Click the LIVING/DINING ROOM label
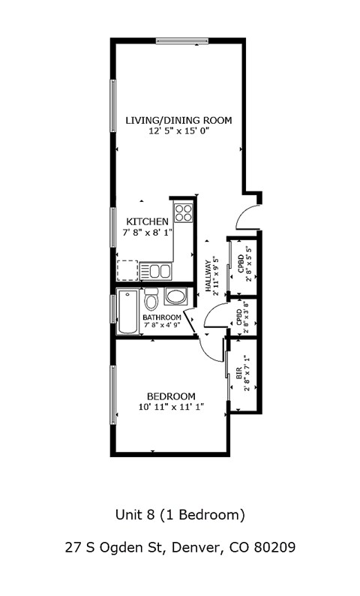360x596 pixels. (178, 120)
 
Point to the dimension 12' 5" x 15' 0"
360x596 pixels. (178, 131)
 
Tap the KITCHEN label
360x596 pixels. (147, 221)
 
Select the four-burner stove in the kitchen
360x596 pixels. (183, 212)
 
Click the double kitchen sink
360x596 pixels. (158, 270)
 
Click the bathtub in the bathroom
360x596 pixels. (127, 312)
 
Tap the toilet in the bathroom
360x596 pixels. (151, 300)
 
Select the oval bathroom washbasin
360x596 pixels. (176, 296)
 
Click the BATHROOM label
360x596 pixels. (161, 318)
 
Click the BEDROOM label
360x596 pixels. (171, 396)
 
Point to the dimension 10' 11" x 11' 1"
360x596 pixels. (171, 407)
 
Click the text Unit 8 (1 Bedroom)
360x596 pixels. (180, 515)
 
